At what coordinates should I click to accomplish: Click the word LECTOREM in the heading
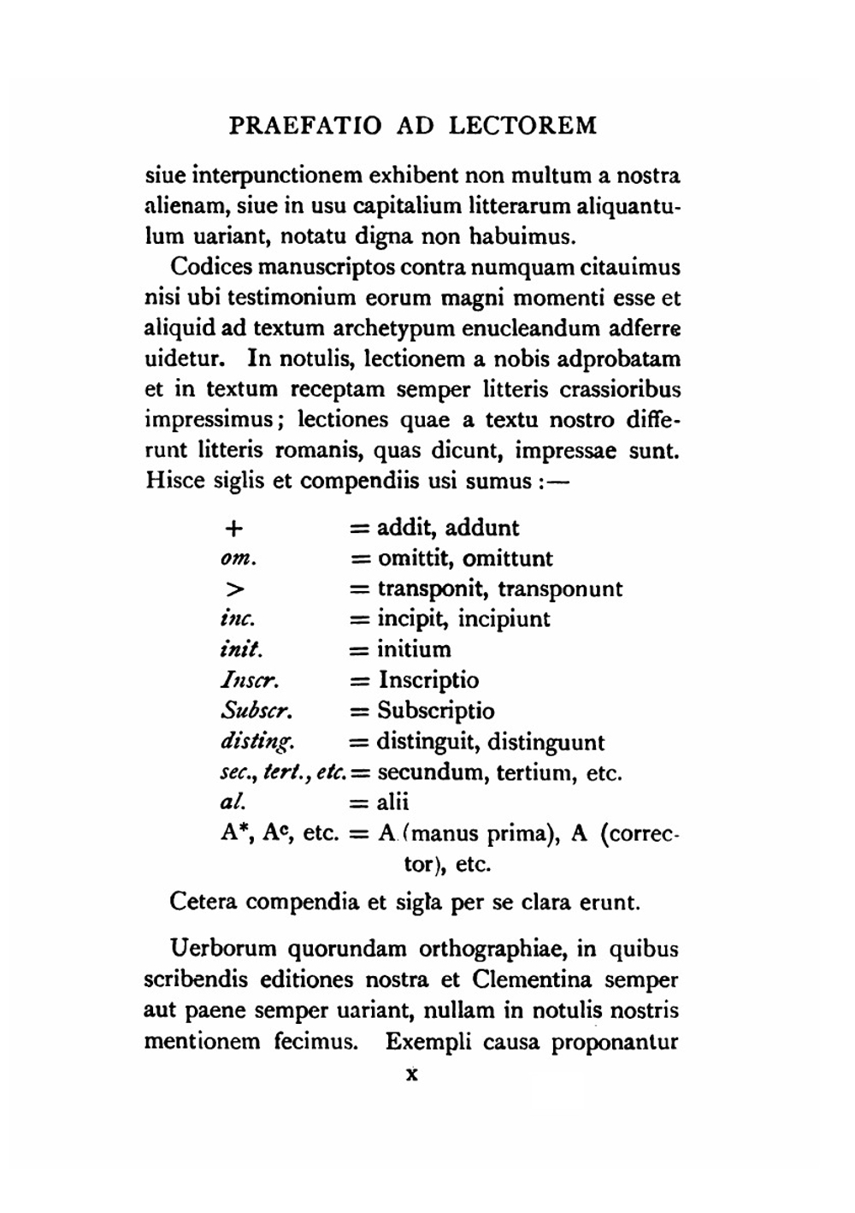523,126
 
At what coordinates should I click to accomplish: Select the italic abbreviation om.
239,559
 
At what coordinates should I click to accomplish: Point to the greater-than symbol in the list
235,589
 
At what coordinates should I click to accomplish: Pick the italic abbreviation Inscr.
250,681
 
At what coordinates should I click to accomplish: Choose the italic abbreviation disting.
257,743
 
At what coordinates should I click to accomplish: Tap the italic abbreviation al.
232,802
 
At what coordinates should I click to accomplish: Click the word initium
414,649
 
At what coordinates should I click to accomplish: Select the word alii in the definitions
392,802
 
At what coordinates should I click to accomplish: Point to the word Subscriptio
436,711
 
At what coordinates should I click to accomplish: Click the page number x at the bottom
411,1074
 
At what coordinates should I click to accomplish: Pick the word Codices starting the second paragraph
212,267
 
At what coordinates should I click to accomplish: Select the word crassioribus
620,389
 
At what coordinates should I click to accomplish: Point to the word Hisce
174,481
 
